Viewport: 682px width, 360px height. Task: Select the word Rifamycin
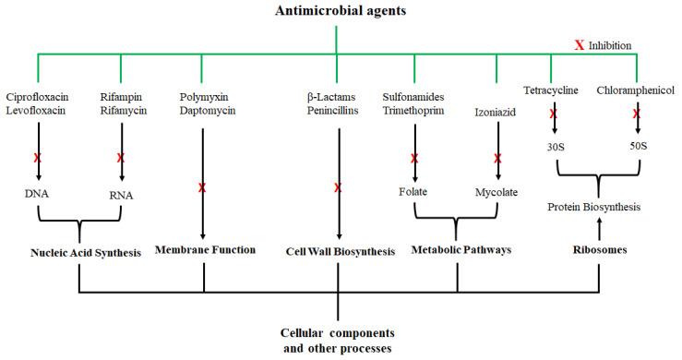click(121, 111)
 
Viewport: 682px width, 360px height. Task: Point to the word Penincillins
click(337, 111)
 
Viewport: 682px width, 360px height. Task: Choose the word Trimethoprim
click(416, 111)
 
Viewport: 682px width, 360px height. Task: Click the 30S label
click(555, 146)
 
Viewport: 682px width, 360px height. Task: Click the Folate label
click(415, 195)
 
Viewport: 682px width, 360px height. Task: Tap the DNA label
click(38, 195)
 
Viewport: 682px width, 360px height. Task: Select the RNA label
click(121, 195)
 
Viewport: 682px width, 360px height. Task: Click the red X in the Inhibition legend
click(580, 44)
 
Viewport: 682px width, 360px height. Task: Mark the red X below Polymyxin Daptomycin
click(202, 188)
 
